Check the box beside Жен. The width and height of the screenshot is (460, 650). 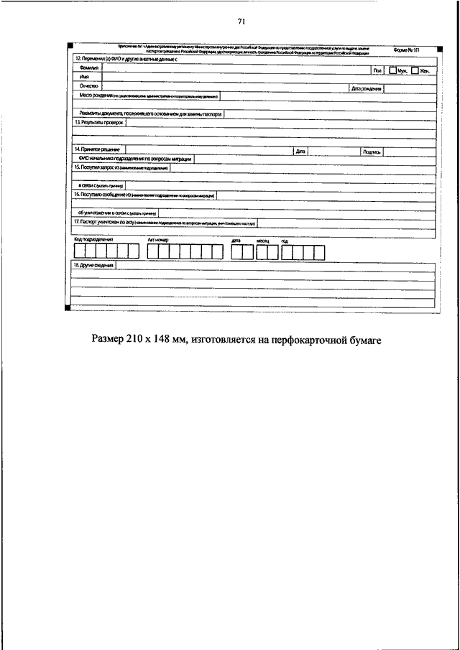click(x=415, y=70)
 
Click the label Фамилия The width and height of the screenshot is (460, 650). click(x=88, y=69)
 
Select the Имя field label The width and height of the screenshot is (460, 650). click(x=85, y=76)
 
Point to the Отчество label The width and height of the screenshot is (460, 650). click(x=89, y=85)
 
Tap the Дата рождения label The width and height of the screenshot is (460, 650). click(x=366, y=89)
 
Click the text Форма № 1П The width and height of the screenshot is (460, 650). click(x=407, y=50)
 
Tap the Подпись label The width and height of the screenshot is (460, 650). click(x=372, y=152)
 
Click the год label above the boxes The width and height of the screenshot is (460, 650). click(x=285, y=241)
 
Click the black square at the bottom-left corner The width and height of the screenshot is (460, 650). click(x=68, y=308)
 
